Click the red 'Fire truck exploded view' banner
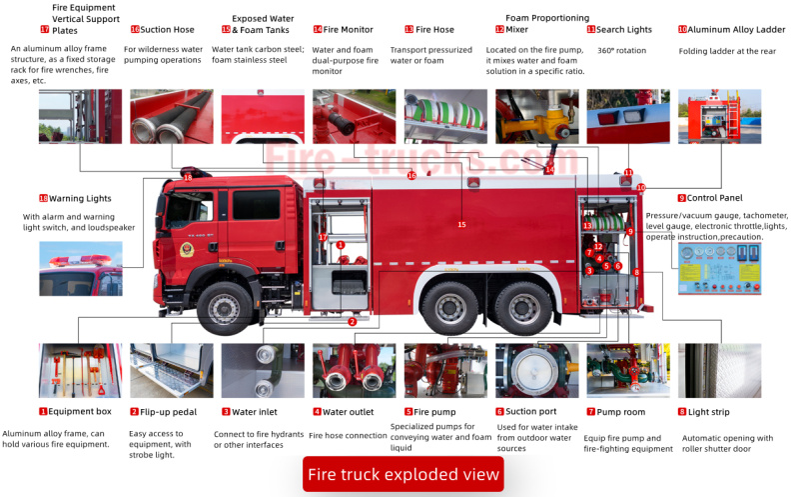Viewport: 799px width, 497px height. tap(402, 474)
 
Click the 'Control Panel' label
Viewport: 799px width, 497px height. tap(713, 198)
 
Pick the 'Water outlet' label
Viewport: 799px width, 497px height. tap(349, 411)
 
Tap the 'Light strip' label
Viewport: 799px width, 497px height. tap(712, 411)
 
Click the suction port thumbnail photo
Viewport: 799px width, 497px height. tap(536, 370)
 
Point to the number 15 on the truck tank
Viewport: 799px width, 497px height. tap(461, 225)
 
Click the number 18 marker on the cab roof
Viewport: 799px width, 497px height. tap(188, 178)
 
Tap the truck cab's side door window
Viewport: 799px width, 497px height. tap(256, 205)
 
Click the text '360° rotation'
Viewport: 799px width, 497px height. tap(621, 50)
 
